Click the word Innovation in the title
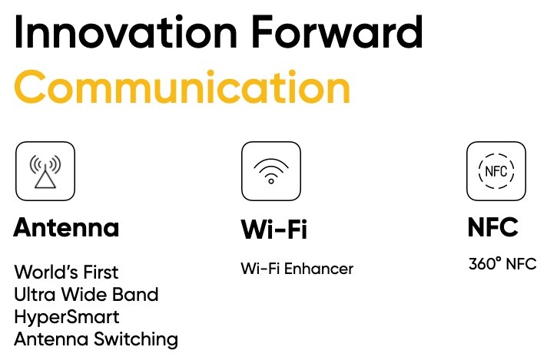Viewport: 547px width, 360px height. point(126,32)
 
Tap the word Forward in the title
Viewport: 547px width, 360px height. point(337,32)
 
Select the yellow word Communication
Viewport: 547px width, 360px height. point(182,87)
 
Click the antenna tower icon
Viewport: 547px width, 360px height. point(45,171)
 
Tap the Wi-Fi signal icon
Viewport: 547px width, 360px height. point(271,171)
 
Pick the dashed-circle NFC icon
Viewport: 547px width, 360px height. point(496,171)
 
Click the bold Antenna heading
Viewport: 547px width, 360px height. point(66,227)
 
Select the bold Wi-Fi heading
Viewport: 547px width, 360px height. point(273,229)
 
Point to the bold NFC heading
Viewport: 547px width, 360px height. point(492,227)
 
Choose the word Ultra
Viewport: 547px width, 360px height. point(35,295)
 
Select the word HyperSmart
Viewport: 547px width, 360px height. point(67,318)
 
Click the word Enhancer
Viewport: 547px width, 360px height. point(319,269)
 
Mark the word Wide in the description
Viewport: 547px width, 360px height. point(84,295)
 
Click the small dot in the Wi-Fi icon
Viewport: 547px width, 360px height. point(271,181)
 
